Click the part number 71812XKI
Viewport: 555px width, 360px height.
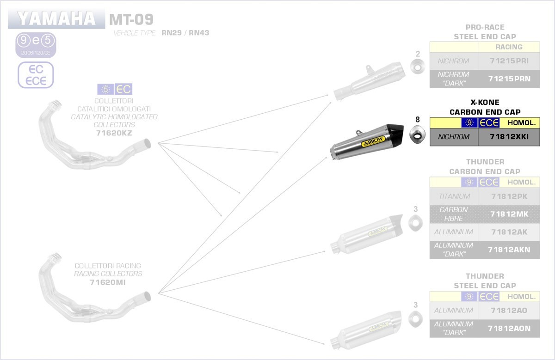(509, 137)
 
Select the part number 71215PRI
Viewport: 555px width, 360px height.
(509, 61)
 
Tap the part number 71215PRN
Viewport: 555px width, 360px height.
(509, 79)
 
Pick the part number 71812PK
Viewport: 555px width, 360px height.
(509, 196)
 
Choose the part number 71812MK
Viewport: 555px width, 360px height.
(509, 214)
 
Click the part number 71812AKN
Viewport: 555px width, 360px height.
(509, 250)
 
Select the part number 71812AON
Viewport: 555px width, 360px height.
(509, 328)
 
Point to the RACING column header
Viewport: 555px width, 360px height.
(509, 47)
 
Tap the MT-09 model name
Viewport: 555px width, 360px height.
(131, 19)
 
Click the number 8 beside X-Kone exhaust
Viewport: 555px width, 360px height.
(418, 120)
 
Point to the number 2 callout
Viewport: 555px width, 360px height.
(418, 54)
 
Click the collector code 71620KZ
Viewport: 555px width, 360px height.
(114, 133)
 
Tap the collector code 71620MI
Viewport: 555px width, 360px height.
(108, 282)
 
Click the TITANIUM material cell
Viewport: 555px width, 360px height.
(454, 196)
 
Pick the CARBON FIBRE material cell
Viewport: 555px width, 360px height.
(454, 214)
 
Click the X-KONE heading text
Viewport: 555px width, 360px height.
(485, 103)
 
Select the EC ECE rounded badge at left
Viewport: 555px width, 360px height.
(36, 75)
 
